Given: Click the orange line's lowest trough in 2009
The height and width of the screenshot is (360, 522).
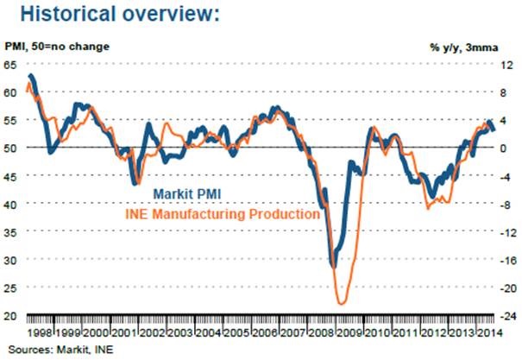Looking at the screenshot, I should coord(343,303).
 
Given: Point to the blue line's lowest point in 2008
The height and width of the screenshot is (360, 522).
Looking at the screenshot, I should coord(332,267).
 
